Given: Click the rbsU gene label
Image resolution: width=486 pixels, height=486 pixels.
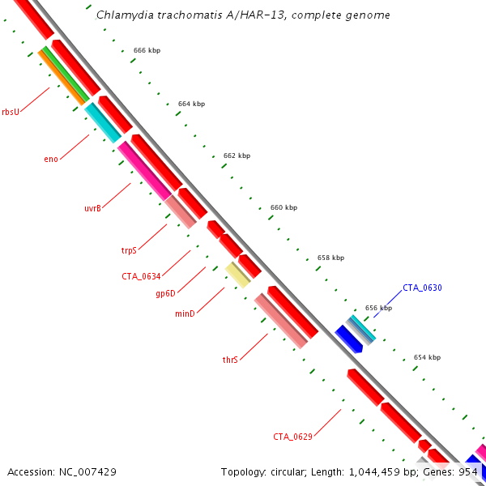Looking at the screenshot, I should coord(11,112).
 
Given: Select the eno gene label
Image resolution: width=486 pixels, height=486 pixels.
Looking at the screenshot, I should coord(50,158).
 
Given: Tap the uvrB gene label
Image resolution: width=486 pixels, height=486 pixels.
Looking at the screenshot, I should coord(92,208).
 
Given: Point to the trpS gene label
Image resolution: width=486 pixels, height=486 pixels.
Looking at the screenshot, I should coord(129,250).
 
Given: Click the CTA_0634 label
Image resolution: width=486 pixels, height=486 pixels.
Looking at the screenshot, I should coord(141,276).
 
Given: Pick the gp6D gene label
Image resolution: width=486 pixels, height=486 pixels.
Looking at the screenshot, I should coord(165,293).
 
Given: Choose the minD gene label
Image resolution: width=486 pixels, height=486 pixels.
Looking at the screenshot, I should coord(185,313).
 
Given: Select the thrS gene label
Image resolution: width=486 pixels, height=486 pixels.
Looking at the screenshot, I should coord(230,359).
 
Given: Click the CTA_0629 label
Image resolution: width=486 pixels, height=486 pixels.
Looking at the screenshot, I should coord(292,437).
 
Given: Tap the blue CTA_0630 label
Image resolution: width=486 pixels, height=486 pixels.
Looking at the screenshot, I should coord(422,288).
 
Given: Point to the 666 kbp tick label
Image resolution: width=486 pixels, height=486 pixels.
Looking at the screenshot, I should coord(147,50).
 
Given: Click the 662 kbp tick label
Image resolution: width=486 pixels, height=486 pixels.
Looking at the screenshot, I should coord(237,156).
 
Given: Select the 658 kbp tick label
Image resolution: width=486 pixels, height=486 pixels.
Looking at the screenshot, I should coord(330,258).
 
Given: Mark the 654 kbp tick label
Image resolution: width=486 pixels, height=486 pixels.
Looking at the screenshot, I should coord(427,357).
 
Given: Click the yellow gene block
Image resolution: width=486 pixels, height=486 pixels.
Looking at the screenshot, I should coord(237,275).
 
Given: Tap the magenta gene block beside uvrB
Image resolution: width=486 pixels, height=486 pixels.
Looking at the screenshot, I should coord(144,171).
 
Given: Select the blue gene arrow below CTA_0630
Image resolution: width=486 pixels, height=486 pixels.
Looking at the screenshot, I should coord(348,339).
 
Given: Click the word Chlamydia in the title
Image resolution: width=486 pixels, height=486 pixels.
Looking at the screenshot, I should coord(121,15).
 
